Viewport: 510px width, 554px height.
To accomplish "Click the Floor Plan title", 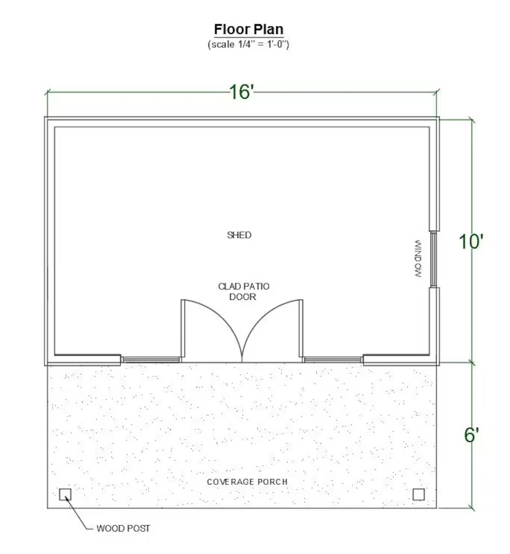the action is [x=249, y=29].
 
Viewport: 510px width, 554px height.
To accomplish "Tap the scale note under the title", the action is [x=249, y=44].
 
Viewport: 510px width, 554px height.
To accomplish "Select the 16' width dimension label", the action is [x=242, y=92].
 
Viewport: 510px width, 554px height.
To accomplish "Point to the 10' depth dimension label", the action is [x=471, y=242].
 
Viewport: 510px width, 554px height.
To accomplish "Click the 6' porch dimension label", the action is [x=471, y=435].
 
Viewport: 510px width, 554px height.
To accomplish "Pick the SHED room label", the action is [x=239, y=235].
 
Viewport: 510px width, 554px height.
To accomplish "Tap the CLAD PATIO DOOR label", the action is [x=243, y=292].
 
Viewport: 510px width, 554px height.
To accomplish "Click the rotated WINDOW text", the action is [x=418, y=259].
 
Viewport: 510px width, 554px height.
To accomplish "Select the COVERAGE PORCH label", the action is [x=247, y=482].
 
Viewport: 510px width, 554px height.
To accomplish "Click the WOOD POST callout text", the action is [x=123, y=528].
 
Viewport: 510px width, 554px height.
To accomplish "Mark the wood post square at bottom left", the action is [x=65, y=494].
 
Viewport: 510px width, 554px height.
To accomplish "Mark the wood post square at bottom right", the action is [x=419, y=494].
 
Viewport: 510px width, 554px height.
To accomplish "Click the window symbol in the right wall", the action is [x=433, y=259].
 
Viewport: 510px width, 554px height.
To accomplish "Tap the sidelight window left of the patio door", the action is [x=151, y=360].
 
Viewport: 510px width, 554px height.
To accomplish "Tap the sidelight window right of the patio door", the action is [x=333, y=360].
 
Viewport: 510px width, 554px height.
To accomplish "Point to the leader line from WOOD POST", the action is [x=78, y=514].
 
